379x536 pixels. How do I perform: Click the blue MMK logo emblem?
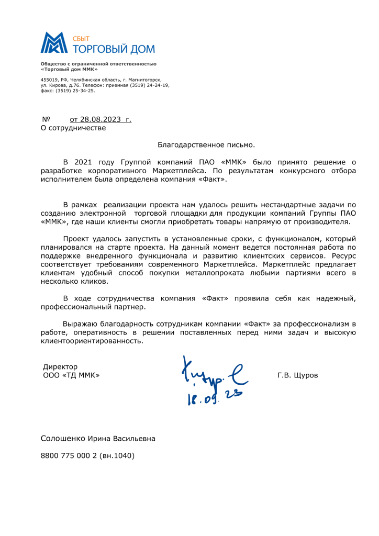55,43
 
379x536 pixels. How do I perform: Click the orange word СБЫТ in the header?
81,38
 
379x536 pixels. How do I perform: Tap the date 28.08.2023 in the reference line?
99,119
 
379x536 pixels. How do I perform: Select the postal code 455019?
49,80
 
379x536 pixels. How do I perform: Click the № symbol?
45,119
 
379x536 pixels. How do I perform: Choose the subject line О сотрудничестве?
73,128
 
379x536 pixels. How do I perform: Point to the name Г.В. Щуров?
297,375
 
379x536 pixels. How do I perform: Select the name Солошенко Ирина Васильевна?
98,438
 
